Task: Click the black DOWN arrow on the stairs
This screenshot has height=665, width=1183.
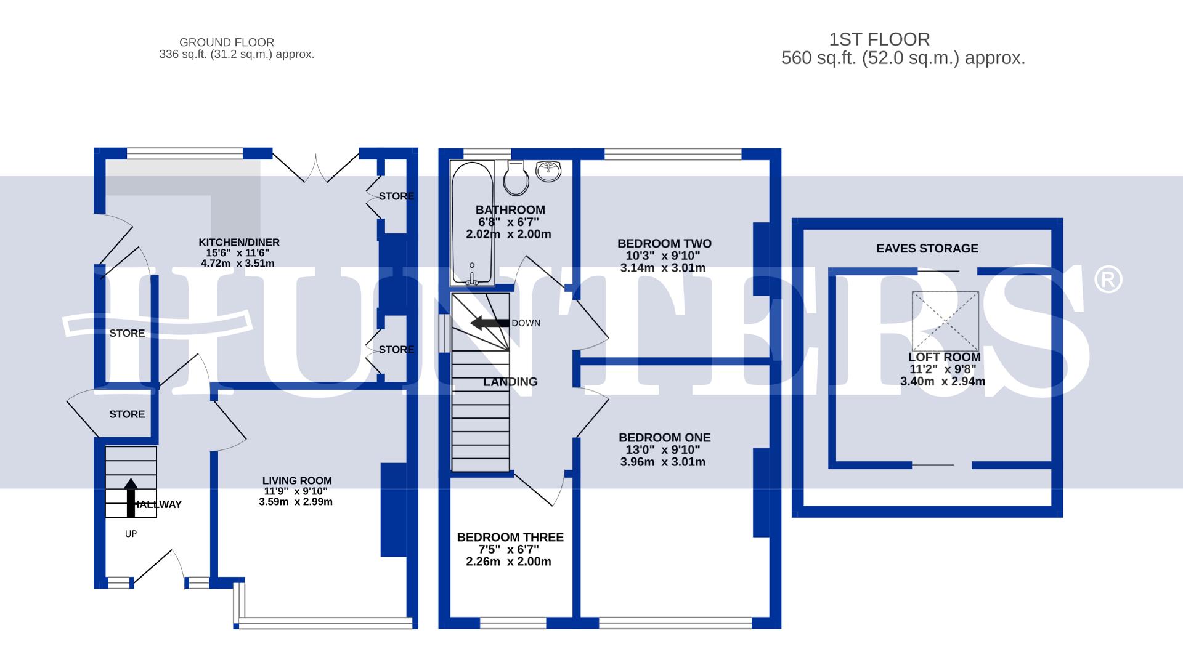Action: pos(490,323)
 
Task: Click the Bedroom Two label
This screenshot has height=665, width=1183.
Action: pos(664,243)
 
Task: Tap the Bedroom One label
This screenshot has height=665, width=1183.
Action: pos(664,438)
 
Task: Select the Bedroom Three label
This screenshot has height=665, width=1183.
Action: pos(510,538)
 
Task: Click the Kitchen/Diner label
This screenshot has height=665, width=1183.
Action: pos(239,242)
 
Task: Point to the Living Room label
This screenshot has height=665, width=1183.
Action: pos(297,481)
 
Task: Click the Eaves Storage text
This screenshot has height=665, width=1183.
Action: pos(927,248)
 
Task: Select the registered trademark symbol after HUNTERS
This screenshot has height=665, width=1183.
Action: pos(1107,280)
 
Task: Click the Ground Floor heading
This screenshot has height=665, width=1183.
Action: pos(227,42)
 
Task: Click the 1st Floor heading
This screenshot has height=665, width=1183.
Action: pos(879,40)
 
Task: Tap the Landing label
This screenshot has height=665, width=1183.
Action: pos(510,382)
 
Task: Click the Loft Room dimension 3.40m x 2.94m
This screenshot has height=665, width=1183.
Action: pos(943,382)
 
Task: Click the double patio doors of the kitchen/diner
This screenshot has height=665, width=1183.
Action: pos(315,167)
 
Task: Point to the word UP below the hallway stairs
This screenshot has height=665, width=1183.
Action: pos(131,534)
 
